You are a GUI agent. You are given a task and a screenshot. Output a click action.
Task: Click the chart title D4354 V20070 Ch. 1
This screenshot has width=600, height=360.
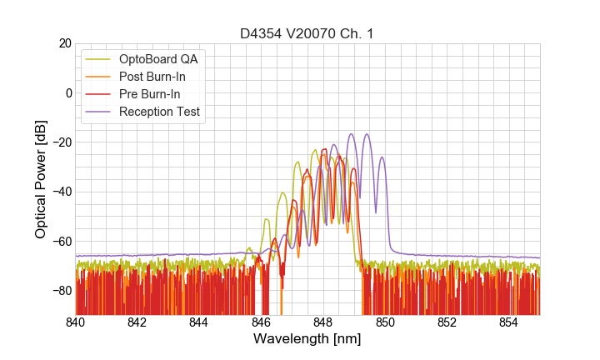coord(307,34)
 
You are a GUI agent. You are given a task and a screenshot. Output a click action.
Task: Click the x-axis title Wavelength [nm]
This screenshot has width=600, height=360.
coord(307,339)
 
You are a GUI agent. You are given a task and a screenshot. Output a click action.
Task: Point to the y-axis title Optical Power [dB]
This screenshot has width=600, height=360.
coord(41,178)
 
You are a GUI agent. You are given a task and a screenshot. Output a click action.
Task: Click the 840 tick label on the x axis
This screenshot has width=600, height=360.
coord(76,322)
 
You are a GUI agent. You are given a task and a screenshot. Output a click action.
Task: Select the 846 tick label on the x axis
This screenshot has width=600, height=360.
coord(261,322)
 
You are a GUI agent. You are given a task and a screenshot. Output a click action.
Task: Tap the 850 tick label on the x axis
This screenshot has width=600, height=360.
coord(385,322)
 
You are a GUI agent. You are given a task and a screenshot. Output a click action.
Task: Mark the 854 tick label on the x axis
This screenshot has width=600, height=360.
coord(508,322)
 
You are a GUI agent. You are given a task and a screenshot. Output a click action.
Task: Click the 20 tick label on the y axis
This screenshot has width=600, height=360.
coord(64,43)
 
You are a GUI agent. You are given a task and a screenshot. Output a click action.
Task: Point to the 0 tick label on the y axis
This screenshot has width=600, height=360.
coord(67,92)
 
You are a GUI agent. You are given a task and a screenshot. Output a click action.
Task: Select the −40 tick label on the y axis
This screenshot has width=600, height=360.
coord(62,192)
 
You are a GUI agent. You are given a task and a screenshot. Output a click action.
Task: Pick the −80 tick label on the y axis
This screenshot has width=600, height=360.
coord(62,291)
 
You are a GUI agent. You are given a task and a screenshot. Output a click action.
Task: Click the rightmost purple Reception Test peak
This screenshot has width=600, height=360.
coord(382,157)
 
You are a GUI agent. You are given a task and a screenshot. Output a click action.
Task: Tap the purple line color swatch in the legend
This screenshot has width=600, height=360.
coord(97,112)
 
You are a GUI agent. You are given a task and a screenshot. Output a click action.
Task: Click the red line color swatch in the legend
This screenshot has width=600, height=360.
coord(97,94)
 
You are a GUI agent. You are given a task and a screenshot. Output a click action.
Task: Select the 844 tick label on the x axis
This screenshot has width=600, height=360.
coord(199,322)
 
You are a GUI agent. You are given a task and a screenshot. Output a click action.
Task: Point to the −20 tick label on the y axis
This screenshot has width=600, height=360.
coord(62,142)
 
